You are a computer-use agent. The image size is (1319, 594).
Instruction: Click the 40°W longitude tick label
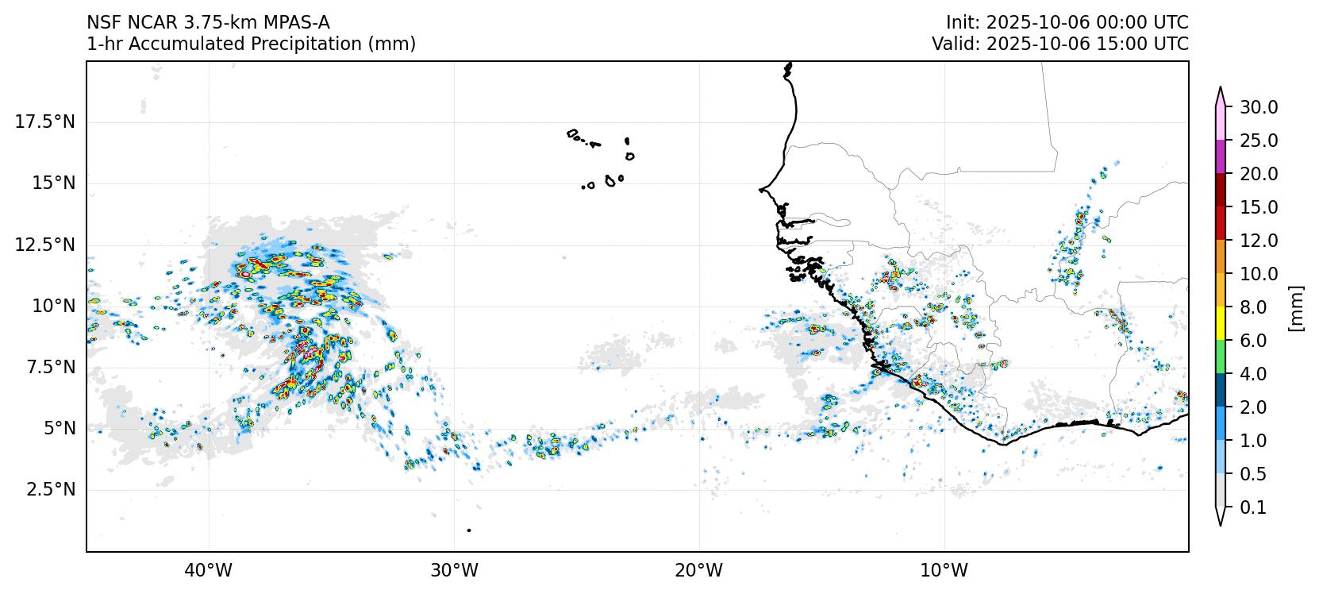[209, 570]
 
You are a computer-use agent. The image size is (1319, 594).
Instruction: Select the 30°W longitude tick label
[454, 570]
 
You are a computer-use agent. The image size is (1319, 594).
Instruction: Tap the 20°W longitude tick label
[699, 570]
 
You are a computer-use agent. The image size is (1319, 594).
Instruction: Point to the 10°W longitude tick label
[944, 570]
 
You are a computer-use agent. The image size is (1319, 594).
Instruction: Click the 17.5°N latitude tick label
[45, 121]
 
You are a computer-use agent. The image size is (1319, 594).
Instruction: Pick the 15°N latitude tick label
[52, 183]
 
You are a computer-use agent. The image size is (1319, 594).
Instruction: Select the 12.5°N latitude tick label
[45, 244]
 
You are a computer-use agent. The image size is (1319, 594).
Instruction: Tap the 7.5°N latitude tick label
[49, 367]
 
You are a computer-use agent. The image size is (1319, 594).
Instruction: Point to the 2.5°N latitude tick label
[49, 489]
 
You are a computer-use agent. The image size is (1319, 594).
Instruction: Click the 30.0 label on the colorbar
[1259, 107]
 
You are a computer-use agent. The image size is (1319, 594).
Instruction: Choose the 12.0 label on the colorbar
[1259, 241]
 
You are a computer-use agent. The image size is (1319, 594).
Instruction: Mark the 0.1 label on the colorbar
[1253, 507]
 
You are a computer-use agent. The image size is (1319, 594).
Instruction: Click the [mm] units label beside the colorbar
[1296, 307]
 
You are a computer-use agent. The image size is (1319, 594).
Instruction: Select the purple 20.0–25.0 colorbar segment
[1221, 157]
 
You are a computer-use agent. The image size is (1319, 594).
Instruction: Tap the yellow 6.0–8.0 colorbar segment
[1221, 324]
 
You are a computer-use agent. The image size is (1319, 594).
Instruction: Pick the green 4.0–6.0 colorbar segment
[1221, 357]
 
